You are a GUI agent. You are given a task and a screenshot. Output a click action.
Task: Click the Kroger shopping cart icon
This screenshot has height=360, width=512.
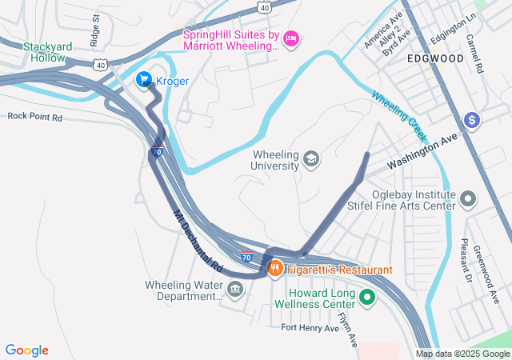(144, 79)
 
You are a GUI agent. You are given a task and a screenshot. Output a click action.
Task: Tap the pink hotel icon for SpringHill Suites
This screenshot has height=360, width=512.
(291, 38)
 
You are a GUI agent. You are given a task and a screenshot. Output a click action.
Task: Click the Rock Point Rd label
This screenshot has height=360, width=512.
(34, 116)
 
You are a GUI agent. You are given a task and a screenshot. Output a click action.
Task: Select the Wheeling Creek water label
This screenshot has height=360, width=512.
(398, 112)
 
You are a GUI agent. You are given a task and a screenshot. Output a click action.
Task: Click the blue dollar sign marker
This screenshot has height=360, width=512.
(472, 120)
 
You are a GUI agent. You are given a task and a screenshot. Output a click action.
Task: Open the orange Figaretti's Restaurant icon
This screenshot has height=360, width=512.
(274, 269)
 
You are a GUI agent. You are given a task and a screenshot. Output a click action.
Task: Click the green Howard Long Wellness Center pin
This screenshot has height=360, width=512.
(367, 299)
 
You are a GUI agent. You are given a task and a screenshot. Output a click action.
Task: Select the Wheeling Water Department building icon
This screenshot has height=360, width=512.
(234, 288)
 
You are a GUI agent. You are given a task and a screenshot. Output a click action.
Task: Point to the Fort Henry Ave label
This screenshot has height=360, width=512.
(310, 327)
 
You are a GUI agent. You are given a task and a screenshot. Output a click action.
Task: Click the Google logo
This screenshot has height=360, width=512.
(27, 350)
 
